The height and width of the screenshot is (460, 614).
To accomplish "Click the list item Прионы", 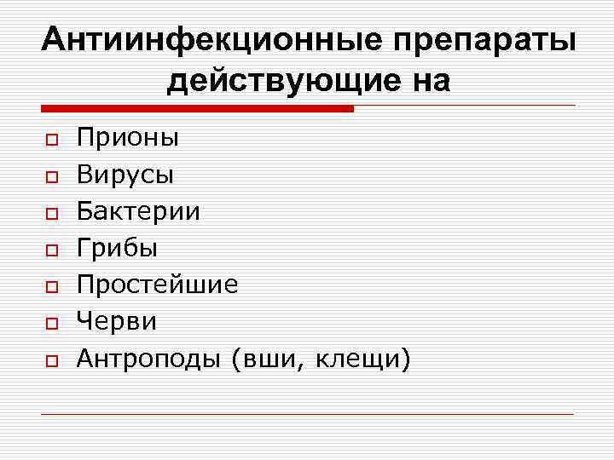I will click(128, 136).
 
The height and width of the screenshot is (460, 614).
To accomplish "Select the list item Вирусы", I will click(125, 175).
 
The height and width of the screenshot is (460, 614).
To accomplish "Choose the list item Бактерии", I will click(138, 211).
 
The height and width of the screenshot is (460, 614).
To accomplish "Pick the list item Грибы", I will click(117, 249).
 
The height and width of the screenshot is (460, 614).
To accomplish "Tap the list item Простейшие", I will click(158, 285).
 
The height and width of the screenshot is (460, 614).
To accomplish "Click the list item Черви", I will click(117, 322).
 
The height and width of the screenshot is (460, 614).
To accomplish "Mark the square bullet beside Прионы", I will click(51, 138).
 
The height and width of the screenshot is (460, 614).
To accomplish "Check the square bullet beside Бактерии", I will click(51, 213).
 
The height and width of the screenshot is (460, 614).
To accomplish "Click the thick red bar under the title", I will click(197, 109).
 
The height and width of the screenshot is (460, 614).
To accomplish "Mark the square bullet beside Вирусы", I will click(51, 175).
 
